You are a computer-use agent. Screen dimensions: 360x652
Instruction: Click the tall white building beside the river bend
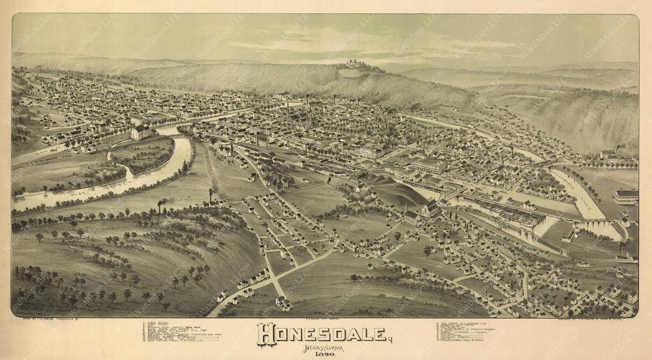[x=140, y=132]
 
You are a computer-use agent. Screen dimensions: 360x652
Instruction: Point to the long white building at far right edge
[x=626, y=196]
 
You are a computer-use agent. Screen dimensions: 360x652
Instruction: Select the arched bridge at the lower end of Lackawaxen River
[x=595, y=225]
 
